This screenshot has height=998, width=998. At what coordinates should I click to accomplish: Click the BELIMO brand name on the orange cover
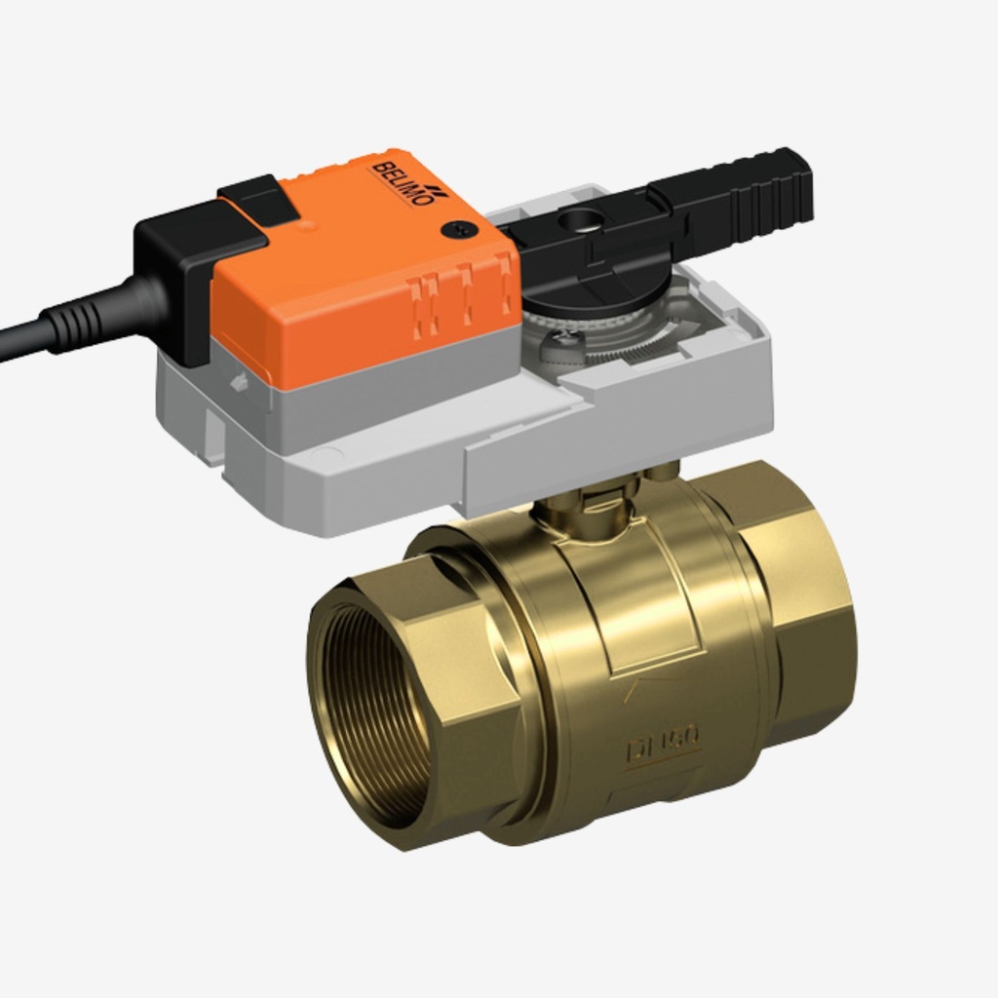point(401,182)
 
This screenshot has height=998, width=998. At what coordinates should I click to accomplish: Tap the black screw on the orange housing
point(454,230)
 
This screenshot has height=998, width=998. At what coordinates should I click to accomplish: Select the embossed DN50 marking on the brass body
point(663,746)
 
